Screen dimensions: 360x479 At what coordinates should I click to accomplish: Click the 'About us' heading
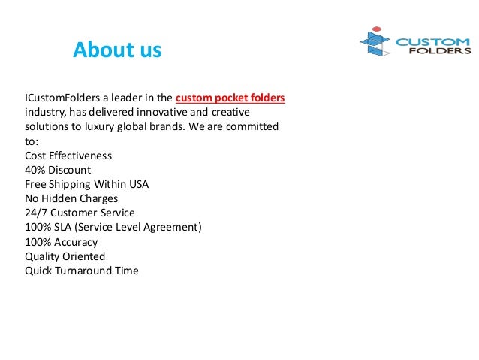tap(117, 50)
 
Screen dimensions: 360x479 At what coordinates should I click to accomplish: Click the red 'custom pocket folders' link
tap(230, 98)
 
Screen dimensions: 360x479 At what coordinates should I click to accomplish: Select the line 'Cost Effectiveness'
tap(68, 156)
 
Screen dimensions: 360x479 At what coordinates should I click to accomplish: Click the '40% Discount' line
tap(58, 170)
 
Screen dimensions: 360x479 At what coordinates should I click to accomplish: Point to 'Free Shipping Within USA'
tap(86, 184)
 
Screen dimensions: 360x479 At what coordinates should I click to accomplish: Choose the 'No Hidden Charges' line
tap(71, 198)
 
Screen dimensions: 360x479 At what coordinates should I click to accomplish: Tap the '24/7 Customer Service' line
tap(80, 213)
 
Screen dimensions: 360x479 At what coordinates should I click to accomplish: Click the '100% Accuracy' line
tap(62, 242)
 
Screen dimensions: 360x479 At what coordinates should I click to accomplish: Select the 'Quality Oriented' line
tap(65, 256)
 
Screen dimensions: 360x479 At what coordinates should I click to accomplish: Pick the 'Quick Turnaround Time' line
tap(82, 271)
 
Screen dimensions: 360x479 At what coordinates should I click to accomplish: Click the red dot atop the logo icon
tap(377, 30)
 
